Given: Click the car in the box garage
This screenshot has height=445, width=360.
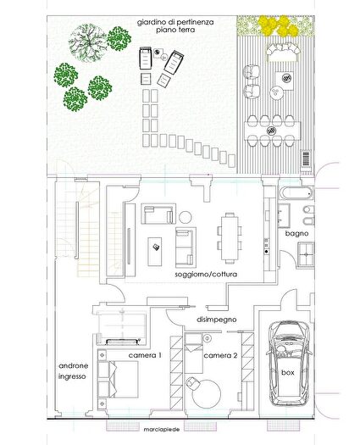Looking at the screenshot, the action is pos(287,364).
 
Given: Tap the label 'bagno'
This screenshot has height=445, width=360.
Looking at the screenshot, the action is pos(296,234).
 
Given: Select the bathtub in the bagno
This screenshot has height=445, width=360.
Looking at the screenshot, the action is pos(296,194).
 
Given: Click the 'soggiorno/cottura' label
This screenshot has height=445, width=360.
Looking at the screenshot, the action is pos(206,275).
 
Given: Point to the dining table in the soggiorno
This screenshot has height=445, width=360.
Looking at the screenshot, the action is pos(230,238).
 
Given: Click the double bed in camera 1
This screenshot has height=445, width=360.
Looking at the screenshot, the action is pos(118,379).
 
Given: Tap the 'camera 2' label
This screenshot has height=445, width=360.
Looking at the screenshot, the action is pos(220,355).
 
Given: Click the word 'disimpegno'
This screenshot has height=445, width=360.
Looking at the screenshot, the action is pos(217,320).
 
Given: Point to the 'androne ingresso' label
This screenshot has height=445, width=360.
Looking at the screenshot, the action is pos(73,371).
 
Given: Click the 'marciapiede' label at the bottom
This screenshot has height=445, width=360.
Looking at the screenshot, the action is pos(162,430).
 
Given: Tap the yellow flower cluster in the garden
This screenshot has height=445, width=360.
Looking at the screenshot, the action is pos(279,25).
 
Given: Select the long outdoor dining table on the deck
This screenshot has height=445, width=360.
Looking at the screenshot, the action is pos(273,131).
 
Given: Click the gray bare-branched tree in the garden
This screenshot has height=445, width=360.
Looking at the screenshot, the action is pos(88,43).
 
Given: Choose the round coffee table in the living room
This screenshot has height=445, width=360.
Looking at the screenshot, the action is pos(186,217).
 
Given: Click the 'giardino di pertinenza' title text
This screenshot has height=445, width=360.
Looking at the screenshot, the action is pos(175,22).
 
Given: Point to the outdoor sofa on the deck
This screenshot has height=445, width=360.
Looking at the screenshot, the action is pos(284,53).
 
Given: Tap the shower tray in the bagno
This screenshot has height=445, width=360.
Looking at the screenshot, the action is pos(306,254).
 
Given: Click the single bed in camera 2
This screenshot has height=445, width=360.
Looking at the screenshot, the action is pos(194,353).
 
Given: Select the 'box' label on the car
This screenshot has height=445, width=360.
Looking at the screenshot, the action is pos(288,372).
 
